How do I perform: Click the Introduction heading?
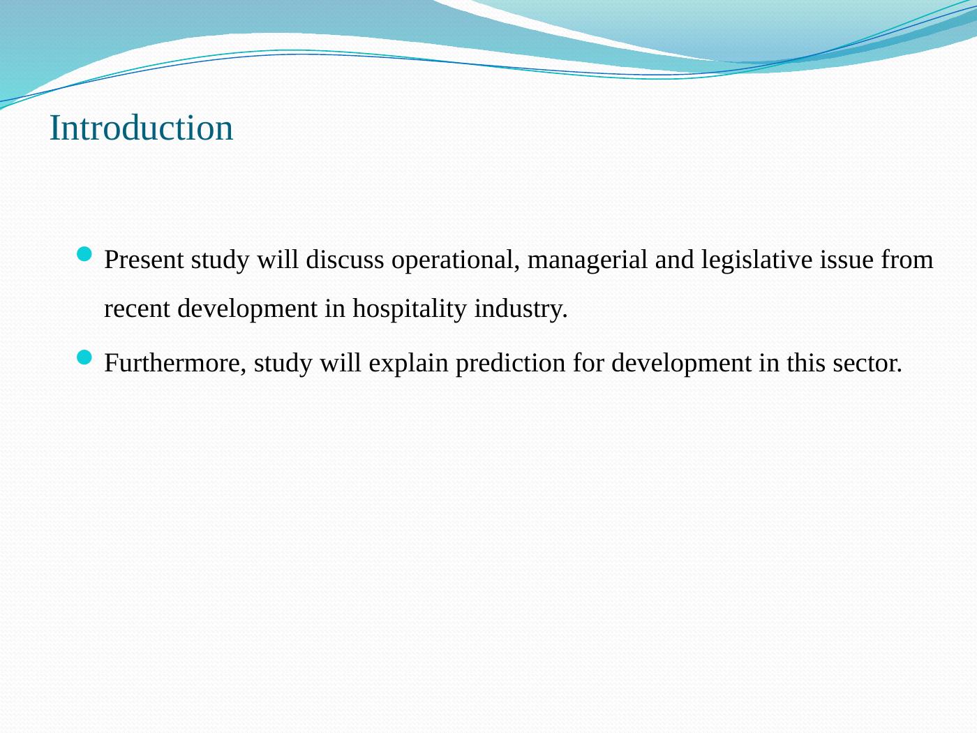(141, 128)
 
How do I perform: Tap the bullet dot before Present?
(84, 254)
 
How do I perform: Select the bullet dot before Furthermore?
(84, 357)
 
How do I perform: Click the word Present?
(144, 260)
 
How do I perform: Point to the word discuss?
(345, 260)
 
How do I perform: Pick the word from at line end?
(907, 260)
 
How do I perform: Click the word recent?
(137, 309)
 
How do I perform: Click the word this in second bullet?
(805, 363)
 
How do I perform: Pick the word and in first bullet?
(674, 260)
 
